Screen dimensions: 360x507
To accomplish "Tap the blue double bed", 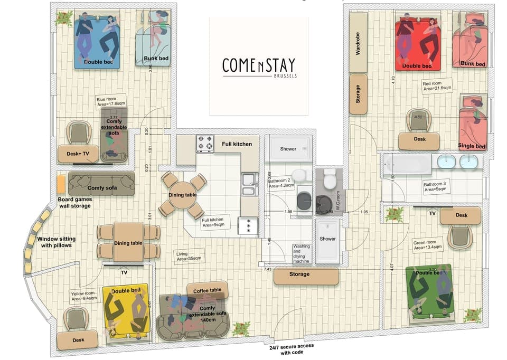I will point(97,42).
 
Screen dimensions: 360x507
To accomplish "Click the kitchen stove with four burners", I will point(205,143).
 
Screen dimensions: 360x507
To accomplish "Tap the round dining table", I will point(184,195).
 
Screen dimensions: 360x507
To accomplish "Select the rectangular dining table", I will point(128,242).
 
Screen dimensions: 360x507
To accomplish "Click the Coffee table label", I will point(207,290).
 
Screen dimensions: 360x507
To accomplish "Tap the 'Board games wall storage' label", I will point(74,203).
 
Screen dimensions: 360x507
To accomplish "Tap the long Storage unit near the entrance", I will point(306,275).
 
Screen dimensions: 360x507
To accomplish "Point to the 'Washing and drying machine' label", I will point(302,253).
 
